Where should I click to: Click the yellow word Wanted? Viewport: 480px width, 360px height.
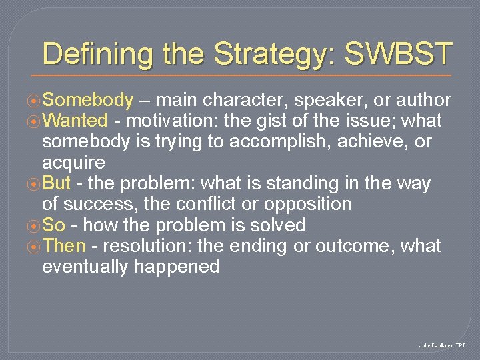(x=75, y=121)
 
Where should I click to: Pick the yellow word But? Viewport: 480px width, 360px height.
(x=57, y=183)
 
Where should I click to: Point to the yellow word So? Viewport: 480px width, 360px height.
(x=53, y=225)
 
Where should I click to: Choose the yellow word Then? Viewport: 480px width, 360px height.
(x=64, y=246)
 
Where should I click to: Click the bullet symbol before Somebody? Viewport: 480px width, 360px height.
(x=34, y=101)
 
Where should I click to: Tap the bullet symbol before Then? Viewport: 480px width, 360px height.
(x=34, y=247)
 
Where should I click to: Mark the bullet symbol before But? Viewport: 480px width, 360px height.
(x=34, y=184)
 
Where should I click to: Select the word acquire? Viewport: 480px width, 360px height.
(x=73, y=163)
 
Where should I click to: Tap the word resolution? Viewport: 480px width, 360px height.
(x=146, y=246)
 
